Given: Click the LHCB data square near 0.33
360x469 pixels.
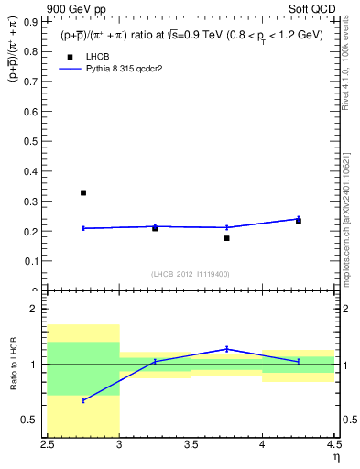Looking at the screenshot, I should coord(83,192).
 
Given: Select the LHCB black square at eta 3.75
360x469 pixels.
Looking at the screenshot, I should coord(226,238).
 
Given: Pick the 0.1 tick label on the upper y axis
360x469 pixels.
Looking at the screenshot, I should coord(37,261).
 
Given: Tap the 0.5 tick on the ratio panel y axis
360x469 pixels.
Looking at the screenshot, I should coord(37,420).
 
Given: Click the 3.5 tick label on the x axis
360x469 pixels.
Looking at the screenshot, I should coord(191,444).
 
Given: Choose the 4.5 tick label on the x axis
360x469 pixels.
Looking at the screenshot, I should coord(333,444).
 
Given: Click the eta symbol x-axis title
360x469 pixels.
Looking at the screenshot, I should coord(335,457).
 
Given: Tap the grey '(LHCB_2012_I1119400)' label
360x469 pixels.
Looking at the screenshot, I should coord(191,274).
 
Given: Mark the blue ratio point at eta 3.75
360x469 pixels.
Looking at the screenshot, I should coord(226,349).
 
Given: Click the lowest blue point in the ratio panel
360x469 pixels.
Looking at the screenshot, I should coord(83,400).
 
